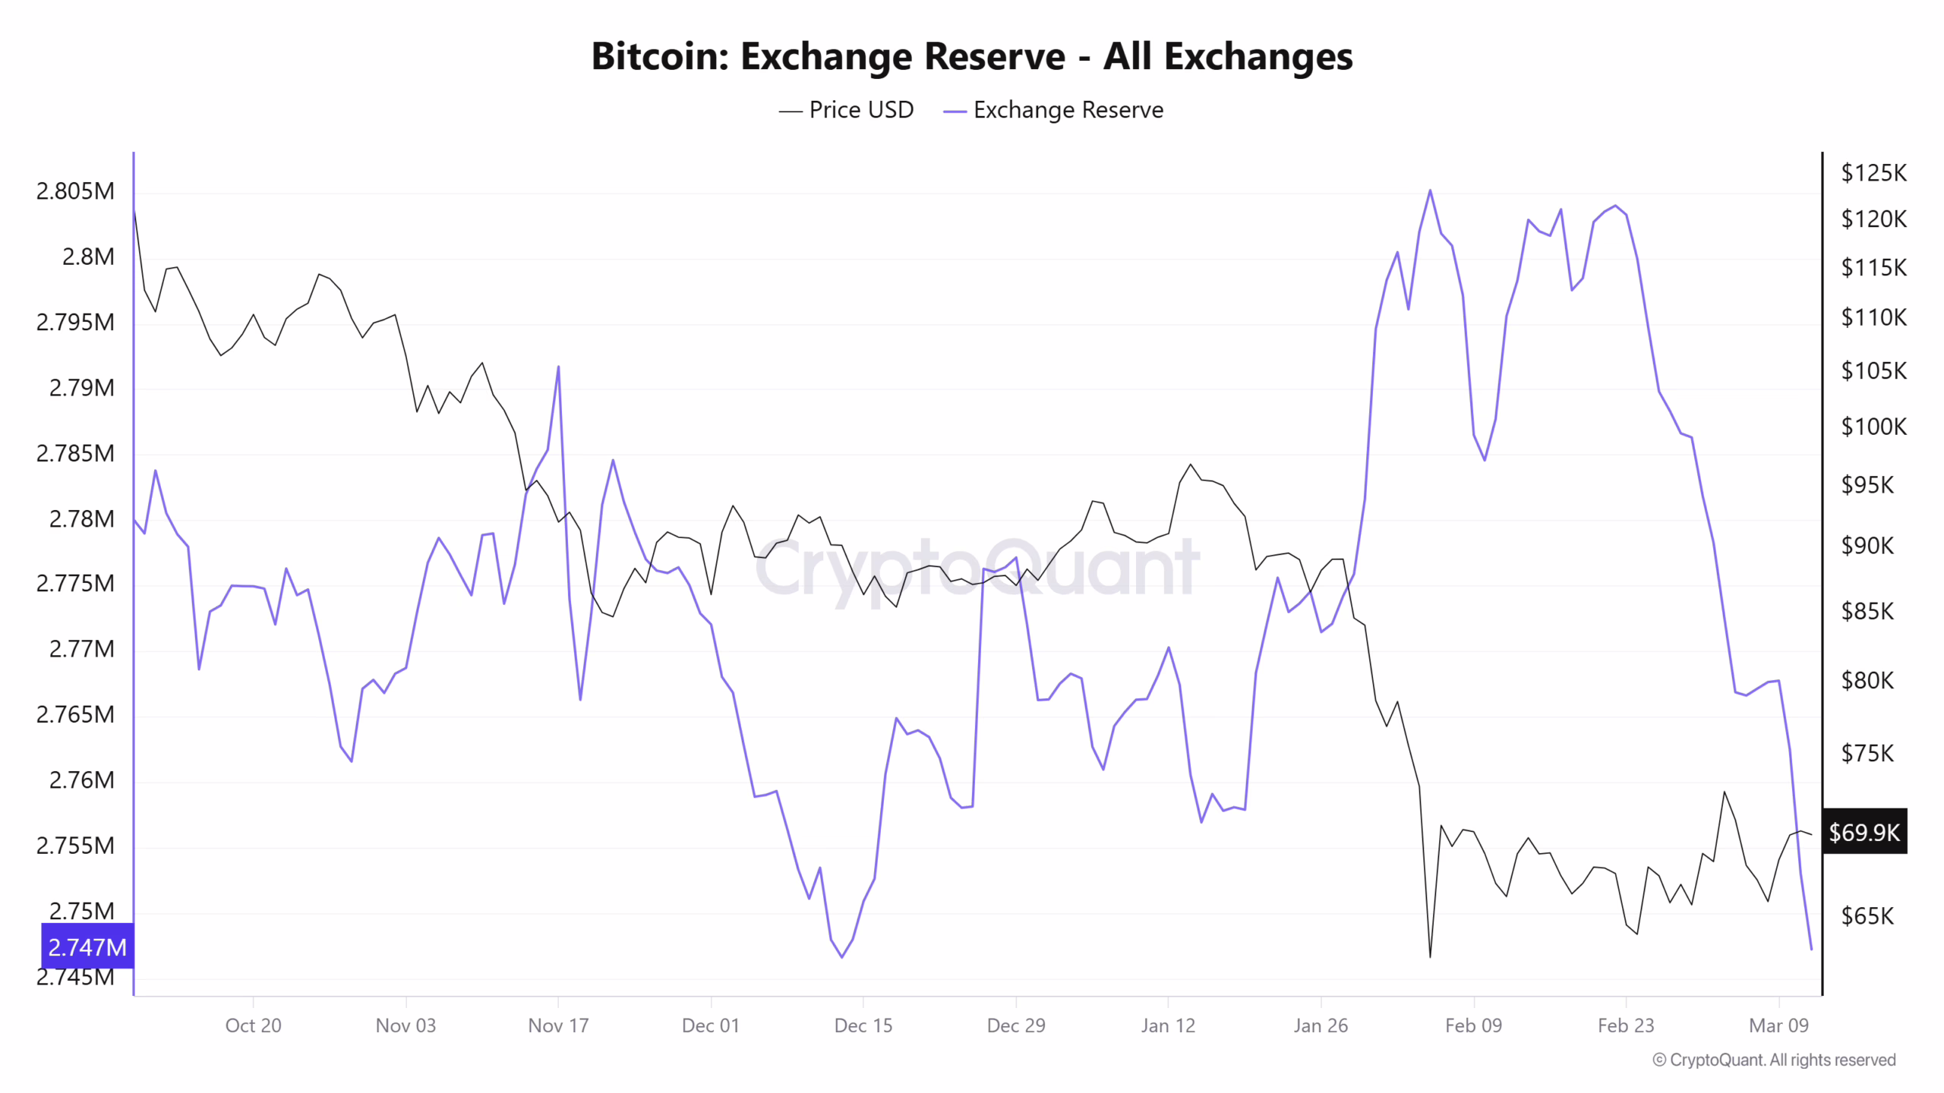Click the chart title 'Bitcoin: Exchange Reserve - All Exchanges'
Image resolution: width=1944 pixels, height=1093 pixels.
tap(971, 56)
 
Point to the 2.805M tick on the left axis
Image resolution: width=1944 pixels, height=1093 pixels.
tap(75, 191)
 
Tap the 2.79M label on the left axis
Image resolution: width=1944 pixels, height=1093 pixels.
tap(81, 388)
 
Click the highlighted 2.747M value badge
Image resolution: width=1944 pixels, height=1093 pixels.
tap(87, 947)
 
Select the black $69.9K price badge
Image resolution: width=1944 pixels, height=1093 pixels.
tap(1864, 832)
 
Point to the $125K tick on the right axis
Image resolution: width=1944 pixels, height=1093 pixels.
tap(1873, 173)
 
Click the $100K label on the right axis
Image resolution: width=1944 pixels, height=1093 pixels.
tap(1873, 427)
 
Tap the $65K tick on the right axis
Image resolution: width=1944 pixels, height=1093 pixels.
tap(1867, 916)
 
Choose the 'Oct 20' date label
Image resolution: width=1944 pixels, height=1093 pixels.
tap(253, 1025)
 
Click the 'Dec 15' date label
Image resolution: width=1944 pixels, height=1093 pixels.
tap(863, 1025)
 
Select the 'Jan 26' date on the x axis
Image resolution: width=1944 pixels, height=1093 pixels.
tap(1321, 1025)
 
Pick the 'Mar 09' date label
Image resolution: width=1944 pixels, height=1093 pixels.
tap(1778, 1025)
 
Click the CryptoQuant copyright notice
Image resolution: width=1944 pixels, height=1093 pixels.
tap(1774, 1060)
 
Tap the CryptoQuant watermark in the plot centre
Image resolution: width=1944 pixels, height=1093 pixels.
tap(977, 568)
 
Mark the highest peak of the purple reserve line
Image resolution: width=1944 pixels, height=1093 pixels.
tap(1430, 191)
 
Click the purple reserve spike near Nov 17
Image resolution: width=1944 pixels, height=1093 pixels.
tap(558, 367)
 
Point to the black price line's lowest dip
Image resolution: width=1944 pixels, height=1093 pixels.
tap(1430, 956)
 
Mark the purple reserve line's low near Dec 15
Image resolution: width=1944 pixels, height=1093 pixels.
tap(841, 956)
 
